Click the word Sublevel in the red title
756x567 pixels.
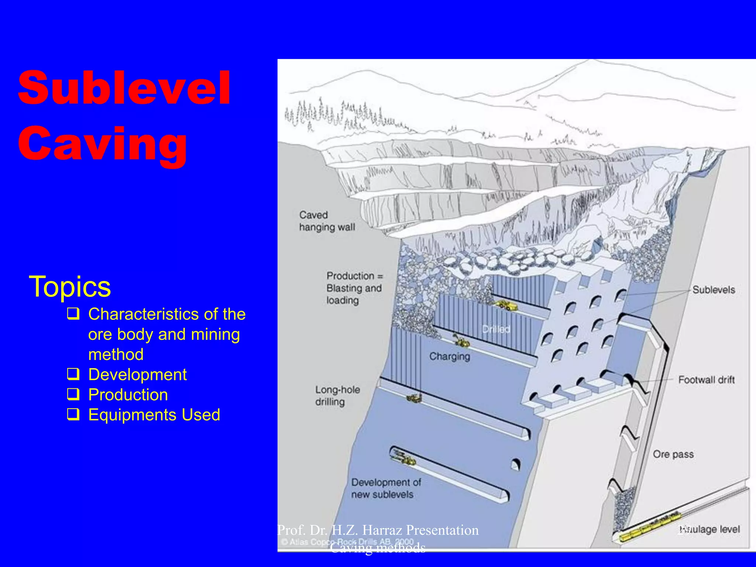pos(124,88)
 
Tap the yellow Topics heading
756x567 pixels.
pos(70,286)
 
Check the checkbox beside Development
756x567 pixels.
pos(73,374)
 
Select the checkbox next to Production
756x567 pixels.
pos(73,394)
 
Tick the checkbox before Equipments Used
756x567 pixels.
pos(73,414)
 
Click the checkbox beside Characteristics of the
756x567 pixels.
pos(73,314)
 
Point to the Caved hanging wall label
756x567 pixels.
pos(327,221)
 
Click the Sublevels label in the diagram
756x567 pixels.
pos(714,290)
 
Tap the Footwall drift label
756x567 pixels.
pos(706,379)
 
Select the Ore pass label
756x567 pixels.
pos(673,454)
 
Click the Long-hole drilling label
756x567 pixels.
pos(337,396)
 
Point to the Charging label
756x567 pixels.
pos(450,356)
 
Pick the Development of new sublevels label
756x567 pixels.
pos(386,488)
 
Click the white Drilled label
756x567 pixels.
pos(496,329)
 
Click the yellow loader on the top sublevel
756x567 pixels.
pos(506,305)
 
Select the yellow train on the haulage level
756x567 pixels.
pos(650,524)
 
